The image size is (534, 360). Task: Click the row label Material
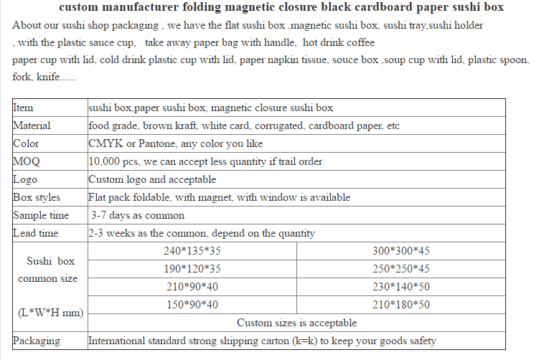tap(32, 126)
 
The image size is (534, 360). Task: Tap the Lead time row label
tap(35, 233)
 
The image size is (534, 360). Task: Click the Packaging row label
tap(37, 341)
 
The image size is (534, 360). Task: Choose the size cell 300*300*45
tap(400, 251)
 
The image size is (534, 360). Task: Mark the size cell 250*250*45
tap(400, 269)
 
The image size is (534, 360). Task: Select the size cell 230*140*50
tap(400, 287)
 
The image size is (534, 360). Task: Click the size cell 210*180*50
tap(400, 305)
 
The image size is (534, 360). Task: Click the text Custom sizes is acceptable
tap(296, 323)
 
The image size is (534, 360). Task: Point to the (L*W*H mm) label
tap(50, 313)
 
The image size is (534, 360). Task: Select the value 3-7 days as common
tap(137, 215)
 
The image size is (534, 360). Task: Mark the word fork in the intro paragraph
tap(22, 77)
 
